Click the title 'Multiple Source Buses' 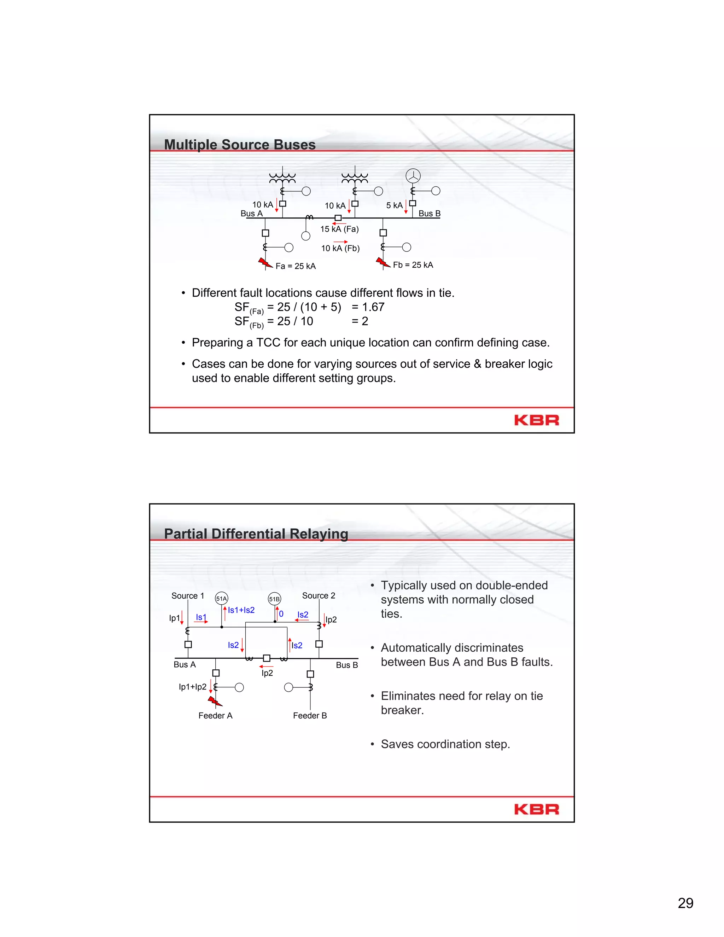click(x=240, y=145)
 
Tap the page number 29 click(x=685, y=903)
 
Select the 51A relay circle click(x=221, y=599)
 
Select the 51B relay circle click(x=274, y=599)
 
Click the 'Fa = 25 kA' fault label click(x=296, y=266)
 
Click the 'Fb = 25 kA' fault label click(x=413, y=265)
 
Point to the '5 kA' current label click(x=394, y=205)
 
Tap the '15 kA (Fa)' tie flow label click(x=339, y=229)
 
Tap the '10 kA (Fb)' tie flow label click(x=340, y=249)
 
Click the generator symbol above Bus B click(x=413, y=176)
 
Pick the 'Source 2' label click(x=319, y=595)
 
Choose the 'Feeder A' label click(x=215, y=716)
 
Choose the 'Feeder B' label click(x=310, y=716)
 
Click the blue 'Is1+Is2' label click(x=241, y=610)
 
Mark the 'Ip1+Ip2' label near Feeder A click(x=193, y=687)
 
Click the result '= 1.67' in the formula click(x=368, y=307)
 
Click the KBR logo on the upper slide click(x=537, y=420)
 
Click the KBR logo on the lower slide click(x=537, y=809)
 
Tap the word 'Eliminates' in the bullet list click(x=408, y=696)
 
